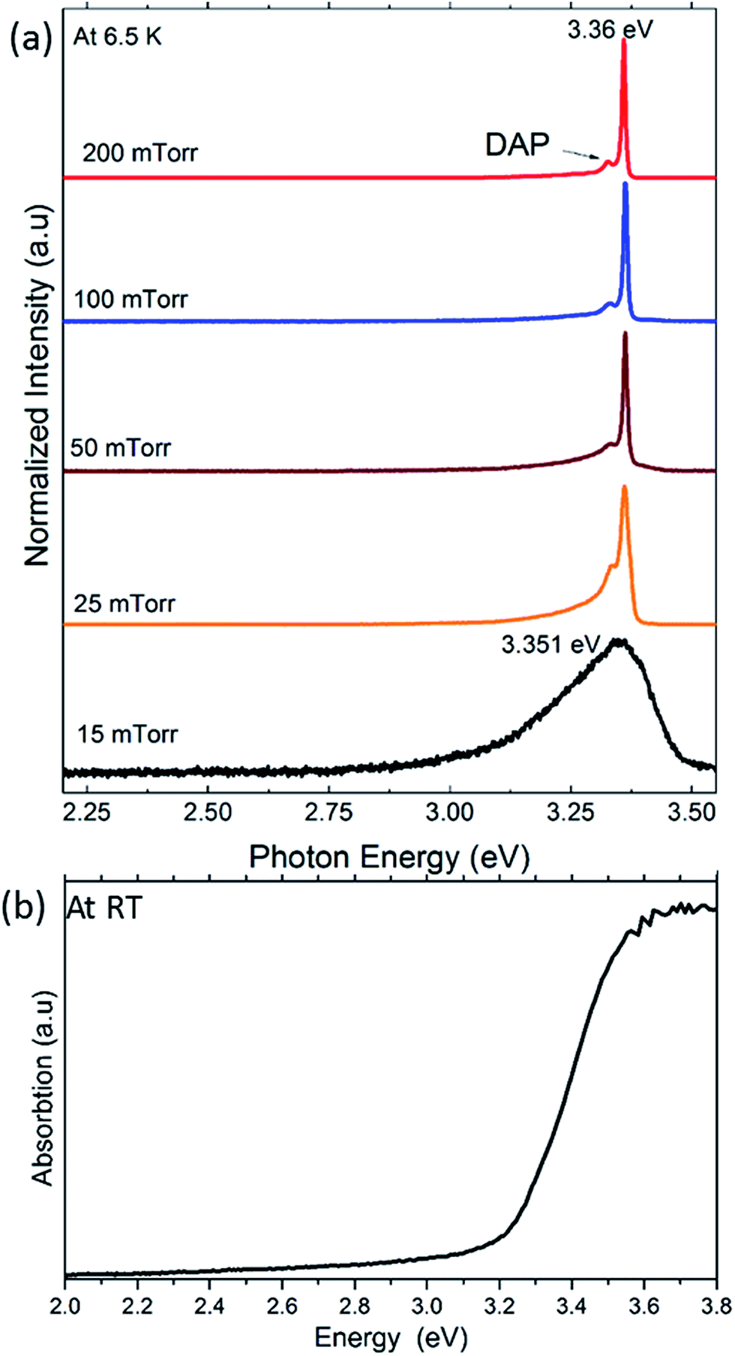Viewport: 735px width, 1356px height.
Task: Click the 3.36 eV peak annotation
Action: tap(610, 29)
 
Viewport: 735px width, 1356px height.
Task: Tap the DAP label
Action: tap(517, 144)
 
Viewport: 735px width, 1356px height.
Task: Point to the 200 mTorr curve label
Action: tap(139, 153)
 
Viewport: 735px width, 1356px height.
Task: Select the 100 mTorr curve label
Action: tap(130, 299)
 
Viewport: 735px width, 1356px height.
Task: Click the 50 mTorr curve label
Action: tap(120, 448)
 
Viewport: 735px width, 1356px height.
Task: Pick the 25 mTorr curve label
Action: tap(124, 603)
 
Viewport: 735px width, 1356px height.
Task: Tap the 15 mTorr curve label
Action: tap(127, 733)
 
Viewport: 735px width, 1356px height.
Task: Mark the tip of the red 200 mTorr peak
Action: tap(623, 41)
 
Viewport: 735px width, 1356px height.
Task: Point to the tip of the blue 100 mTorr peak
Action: tap(625, 185)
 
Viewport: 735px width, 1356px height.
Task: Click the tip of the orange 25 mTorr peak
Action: tap(624, 488)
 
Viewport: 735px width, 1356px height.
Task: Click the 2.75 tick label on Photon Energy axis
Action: tap(328, 812)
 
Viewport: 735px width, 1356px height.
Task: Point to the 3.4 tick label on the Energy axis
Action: tap(571, 1306)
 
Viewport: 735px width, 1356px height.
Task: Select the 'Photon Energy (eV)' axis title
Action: tap(388, 857)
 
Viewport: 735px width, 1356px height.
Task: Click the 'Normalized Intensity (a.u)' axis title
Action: tap(37, 385)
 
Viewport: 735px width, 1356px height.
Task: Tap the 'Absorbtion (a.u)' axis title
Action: tap(43, 1087)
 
